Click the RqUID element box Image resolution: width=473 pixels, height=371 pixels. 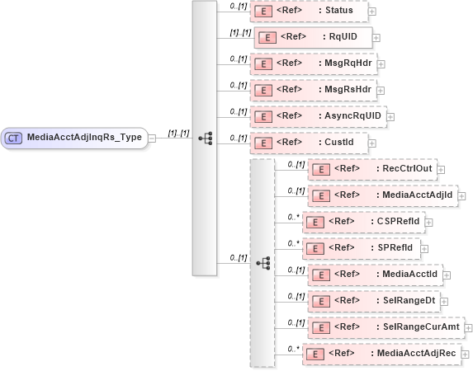(313, 37)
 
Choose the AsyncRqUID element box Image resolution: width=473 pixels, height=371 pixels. (318, 115)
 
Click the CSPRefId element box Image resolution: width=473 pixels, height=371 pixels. (362, 222)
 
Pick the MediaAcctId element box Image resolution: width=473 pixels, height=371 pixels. (375, 274)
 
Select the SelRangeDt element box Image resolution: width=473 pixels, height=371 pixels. (372, 300)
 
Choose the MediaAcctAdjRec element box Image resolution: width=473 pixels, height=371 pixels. (381, 354)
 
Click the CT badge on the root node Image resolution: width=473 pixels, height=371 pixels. (14, 139)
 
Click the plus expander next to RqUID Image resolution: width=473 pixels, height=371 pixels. (377, 37)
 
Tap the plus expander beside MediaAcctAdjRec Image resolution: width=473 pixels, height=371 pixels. (465, 354)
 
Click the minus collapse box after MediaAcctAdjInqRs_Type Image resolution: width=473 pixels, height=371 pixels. (152, 139)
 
